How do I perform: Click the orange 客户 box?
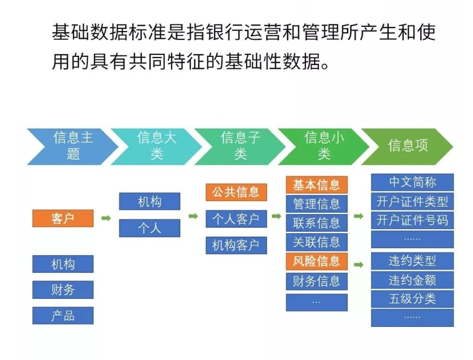point(63,218)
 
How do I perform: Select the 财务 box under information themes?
point(63,290)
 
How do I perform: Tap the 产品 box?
point(63,316)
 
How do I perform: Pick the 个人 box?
point(149,228)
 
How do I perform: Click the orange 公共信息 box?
point(236,192)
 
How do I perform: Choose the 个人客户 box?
point(236,219)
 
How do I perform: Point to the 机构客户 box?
point(236,245)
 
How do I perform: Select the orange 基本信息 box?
point(317,185)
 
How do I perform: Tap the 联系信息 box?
point(317,223)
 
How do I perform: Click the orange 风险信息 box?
point(317,261)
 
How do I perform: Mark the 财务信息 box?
point(317,281)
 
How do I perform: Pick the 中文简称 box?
point(413,182)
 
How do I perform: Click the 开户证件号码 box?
point(413,220)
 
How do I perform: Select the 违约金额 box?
point(413,280)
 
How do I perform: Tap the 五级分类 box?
point(413,299)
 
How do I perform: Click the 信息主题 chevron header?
point(72,147)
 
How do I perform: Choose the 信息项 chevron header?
point(407,147)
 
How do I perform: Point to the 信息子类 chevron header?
point(240,147)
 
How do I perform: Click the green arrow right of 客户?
point(106,218)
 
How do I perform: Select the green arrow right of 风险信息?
point(358,265)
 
